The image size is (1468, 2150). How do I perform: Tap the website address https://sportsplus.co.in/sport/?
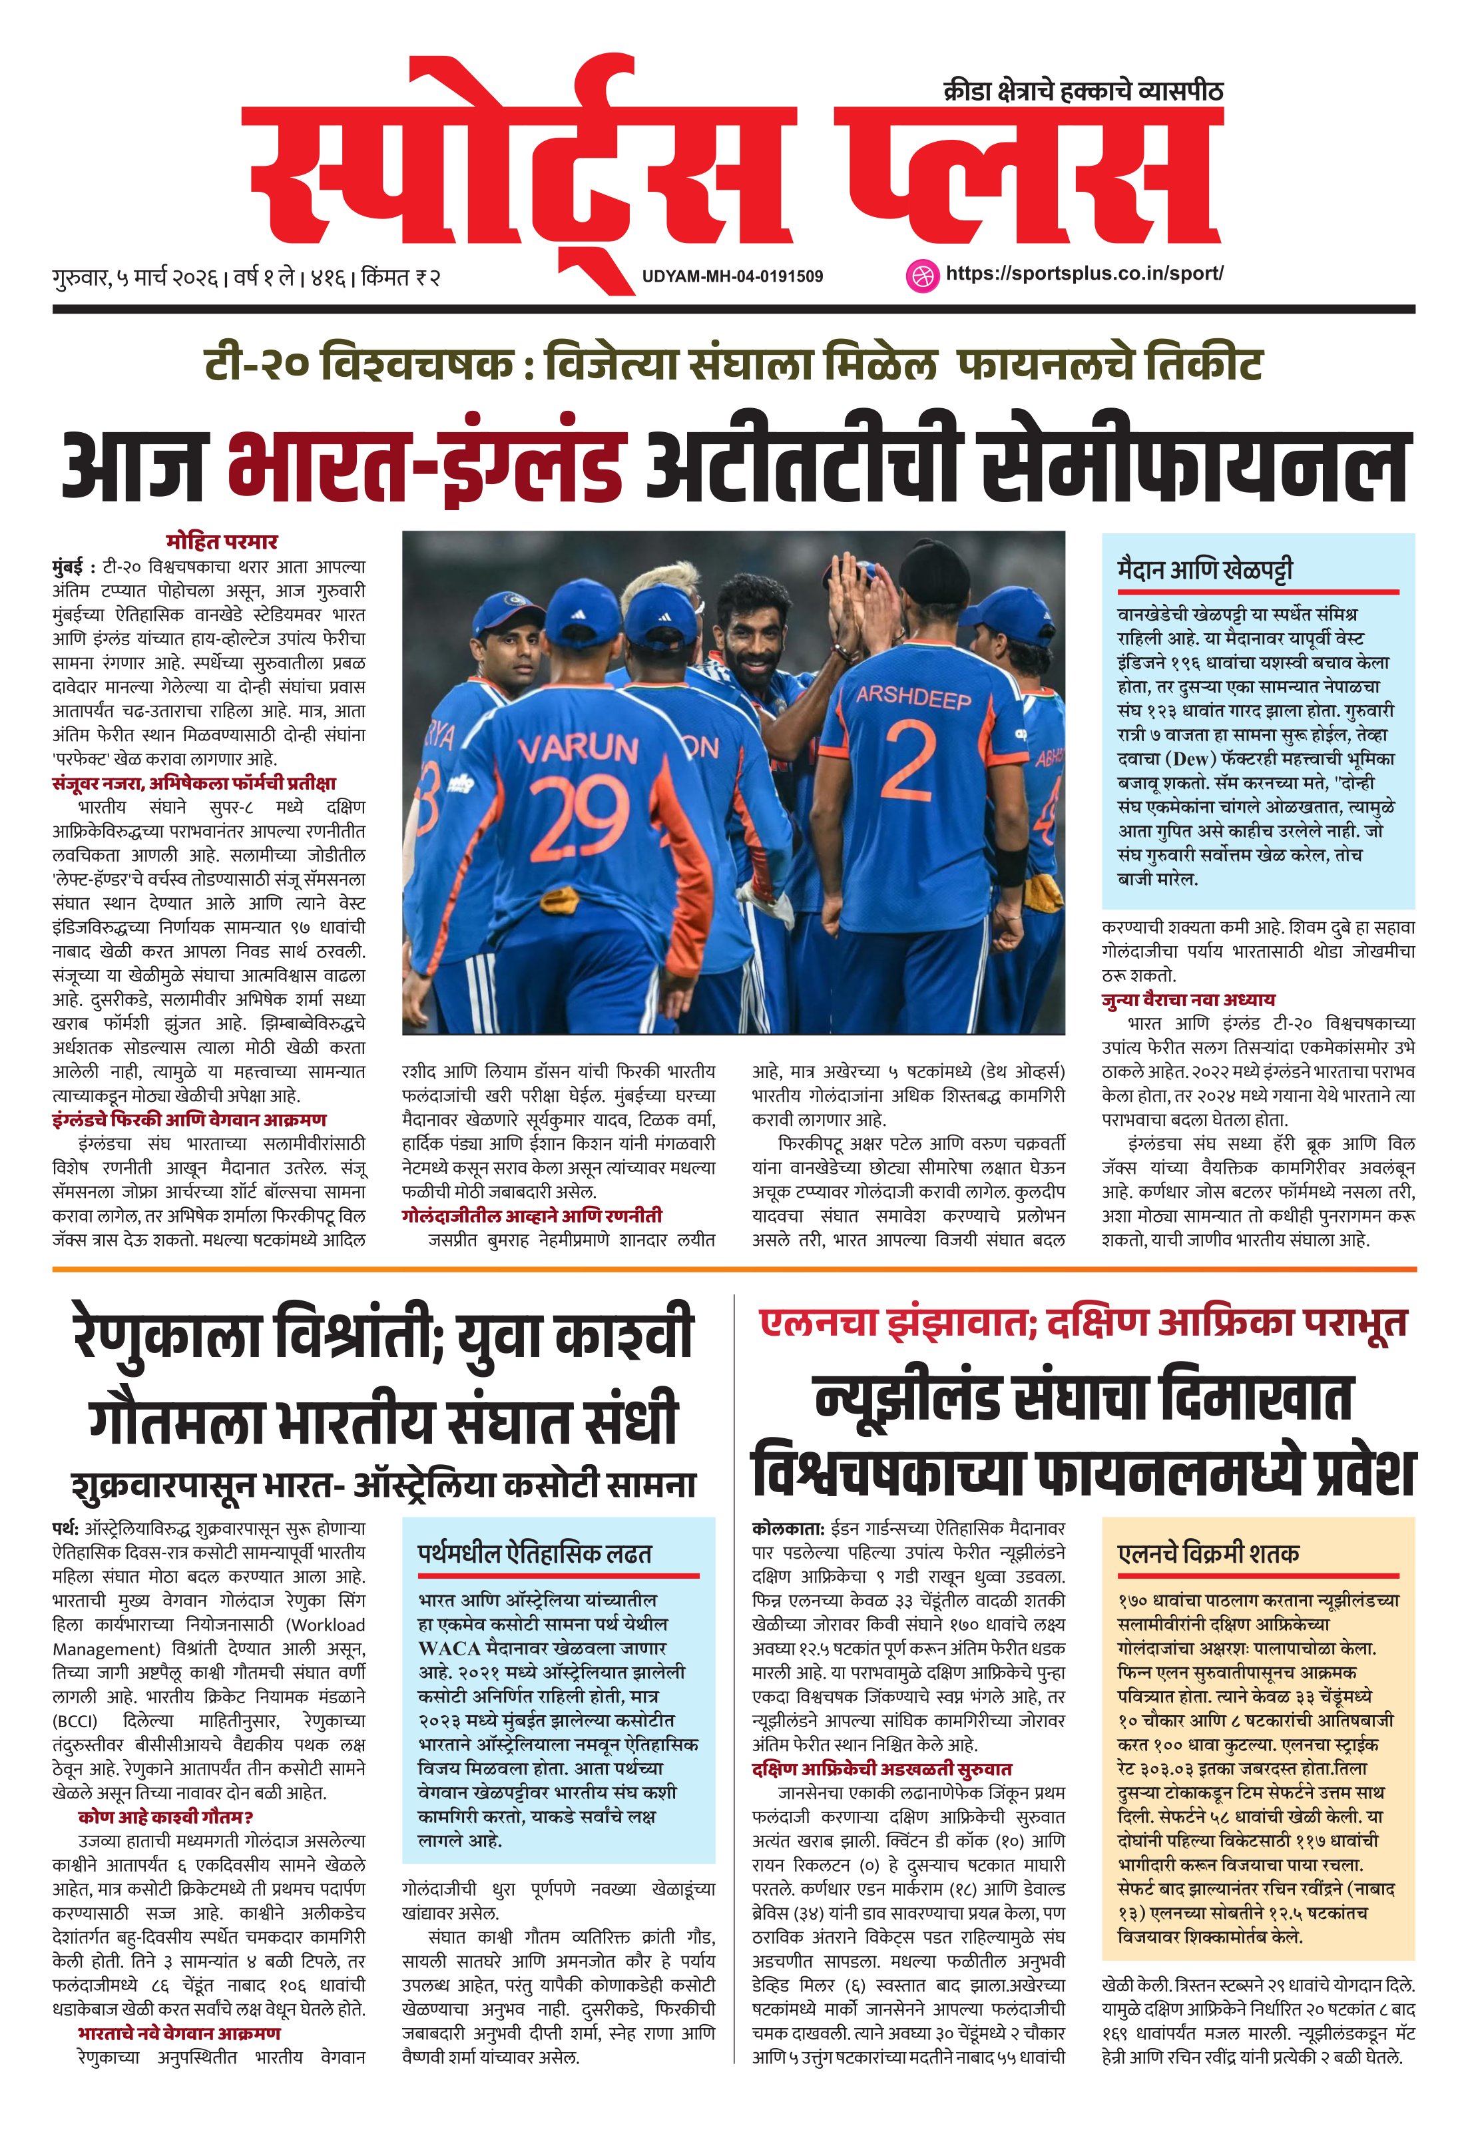[1084, 274]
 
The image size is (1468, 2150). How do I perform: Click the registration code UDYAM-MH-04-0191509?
[732, 276]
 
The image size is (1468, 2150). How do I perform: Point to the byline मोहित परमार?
[222, 541]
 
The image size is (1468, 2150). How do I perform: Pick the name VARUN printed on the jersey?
[577, 748]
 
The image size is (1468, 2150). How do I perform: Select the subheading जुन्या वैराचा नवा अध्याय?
[1188, 1000]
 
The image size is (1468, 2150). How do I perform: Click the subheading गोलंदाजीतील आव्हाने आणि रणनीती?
[532, 1216]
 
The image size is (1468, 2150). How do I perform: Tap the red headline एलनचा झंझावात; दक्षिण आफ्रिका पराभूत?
[1083, 1324]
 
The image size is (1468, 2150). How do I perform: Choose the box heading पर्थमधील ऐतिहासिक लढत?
[535, 1552]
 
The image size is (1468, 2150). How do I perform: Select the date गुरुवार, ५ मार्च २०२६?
[135, 276]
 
